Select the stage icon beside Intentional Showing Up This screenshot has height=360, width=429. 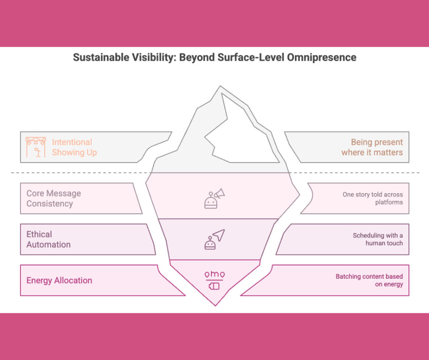pyautogui.click(x=36, y=147)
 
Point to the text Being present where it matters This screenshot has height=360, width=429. pyautogui.click(x=372, y=147)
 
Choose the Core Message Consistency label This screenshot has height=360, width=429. pyautogui.click(x=53, y=198)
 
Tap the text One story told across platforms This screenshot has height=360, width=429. pyautogui.click(x=372, y=198)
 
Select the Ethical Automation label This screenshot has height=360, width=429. pyautogui.click(x=48, y=239)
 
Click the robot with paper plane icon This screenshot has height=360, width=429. pyautogui.click(x=214, y=239)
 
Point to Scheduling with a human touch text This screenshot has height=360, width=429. pyautogui.click(x=377, y=239)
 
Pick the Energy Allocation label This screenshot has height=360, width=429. pyautogui.click(x=59, y=281)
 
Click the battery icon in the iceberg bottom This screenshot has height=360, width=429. pyautogui.click(x=214, y=286)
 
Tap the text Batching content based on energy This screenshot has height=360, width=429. pyautogui.click(x=369, y=281)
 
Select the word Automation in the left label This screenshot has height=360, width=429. pyautogui.click(x=48, y=244)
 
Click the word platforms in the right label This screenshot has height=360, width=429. pyautogui.click(x=389, y=202)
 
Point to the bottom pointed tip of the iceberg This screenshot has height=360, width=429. pyautogui.click(x=214, y=303)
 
